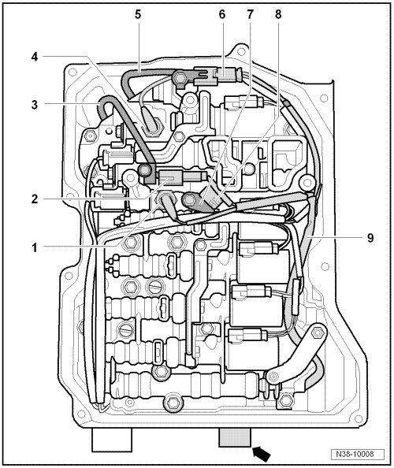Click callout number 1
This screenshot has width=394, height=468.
click(35, 247)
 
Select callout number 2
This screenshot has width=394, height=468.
click(35, 199)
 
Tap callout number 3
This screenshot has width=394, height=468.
click(35, 105)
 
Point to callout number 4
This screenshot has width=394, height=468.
click(35, 57)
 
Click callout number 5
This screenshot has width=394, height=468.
click(138, 14)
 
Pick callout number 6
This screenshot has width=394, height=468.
click(222, 14)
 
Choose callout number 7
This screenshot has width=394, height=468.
click(250, 14)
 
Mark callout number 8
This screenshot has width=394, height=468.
click(278, 14)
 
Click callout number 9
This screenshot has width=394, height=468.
click(370, 238)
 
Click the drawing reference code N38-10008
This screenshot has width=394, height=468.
click(355, 454)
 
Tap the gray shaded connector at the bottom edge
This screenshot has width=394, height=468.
click(235, 437)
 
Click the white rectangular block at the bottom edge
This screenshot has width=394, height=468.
click(112, 440)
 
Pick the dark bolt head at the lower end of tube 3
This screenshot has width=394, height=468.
click(144, 170)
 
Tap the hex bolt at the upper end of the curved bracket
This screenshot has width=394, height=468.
click(317, 332)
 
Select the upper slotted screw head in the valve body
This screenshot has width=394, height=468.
click(155, 287)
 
